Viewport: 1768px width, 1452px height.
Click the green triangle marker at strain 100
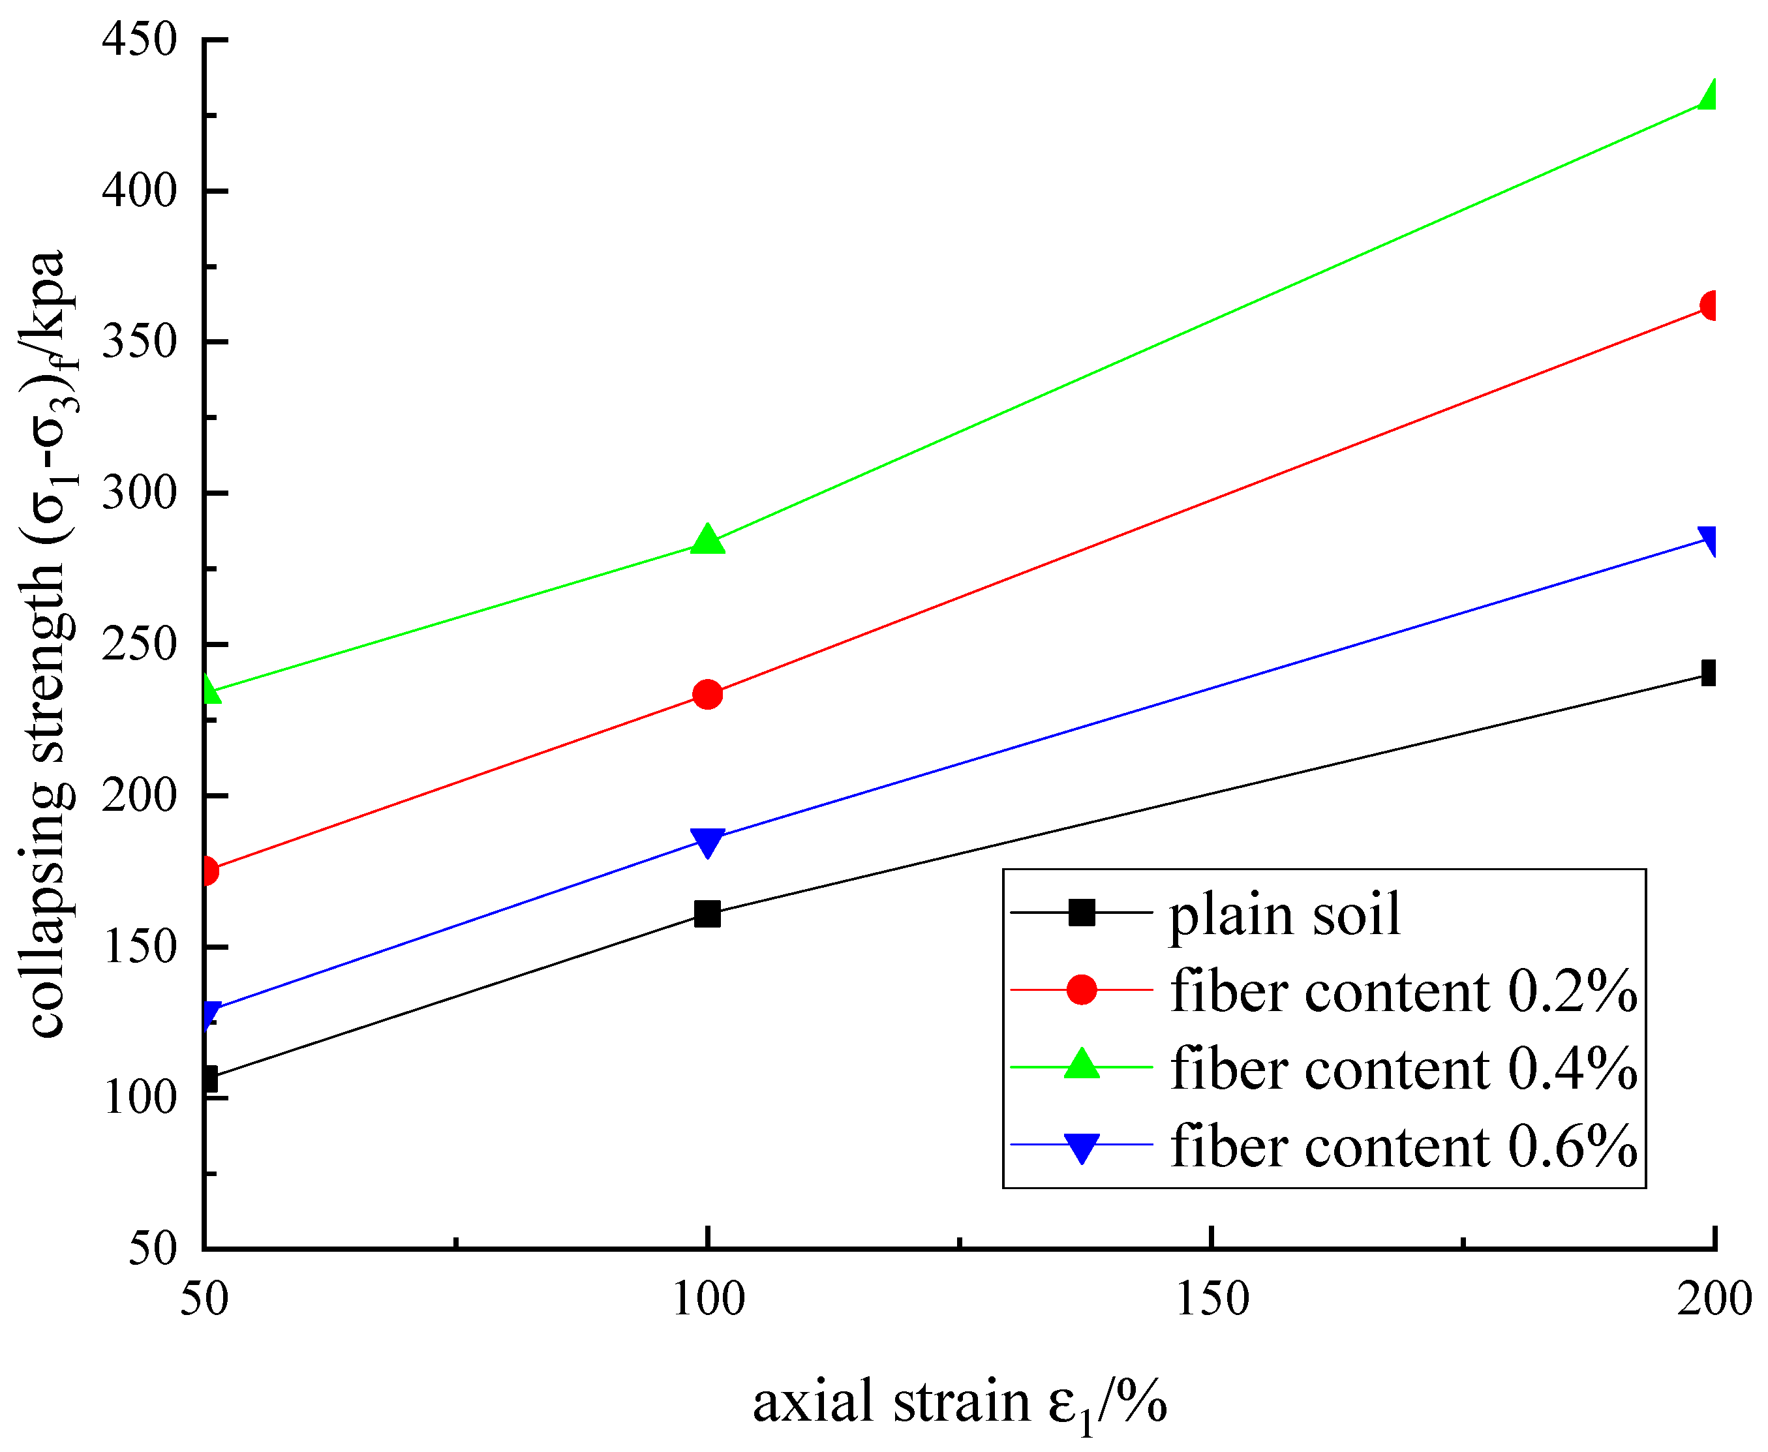(x=708, y=540)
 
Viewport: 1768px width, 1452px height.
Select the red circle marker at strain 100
(x=708, y=694)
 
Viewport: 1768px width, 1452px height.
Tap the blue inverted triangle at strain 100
(x=708, y=842)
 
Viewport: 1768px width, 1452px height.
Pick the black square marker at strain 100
(x=708, y=915)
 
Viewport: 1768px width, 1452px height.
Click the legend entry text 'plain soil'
(x=1284, y=915)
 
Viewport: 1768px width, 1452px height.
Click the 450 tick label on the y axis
(x=140, y=39)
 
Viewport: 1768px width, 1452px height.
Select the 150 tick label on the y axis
(x=140, y=948)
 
